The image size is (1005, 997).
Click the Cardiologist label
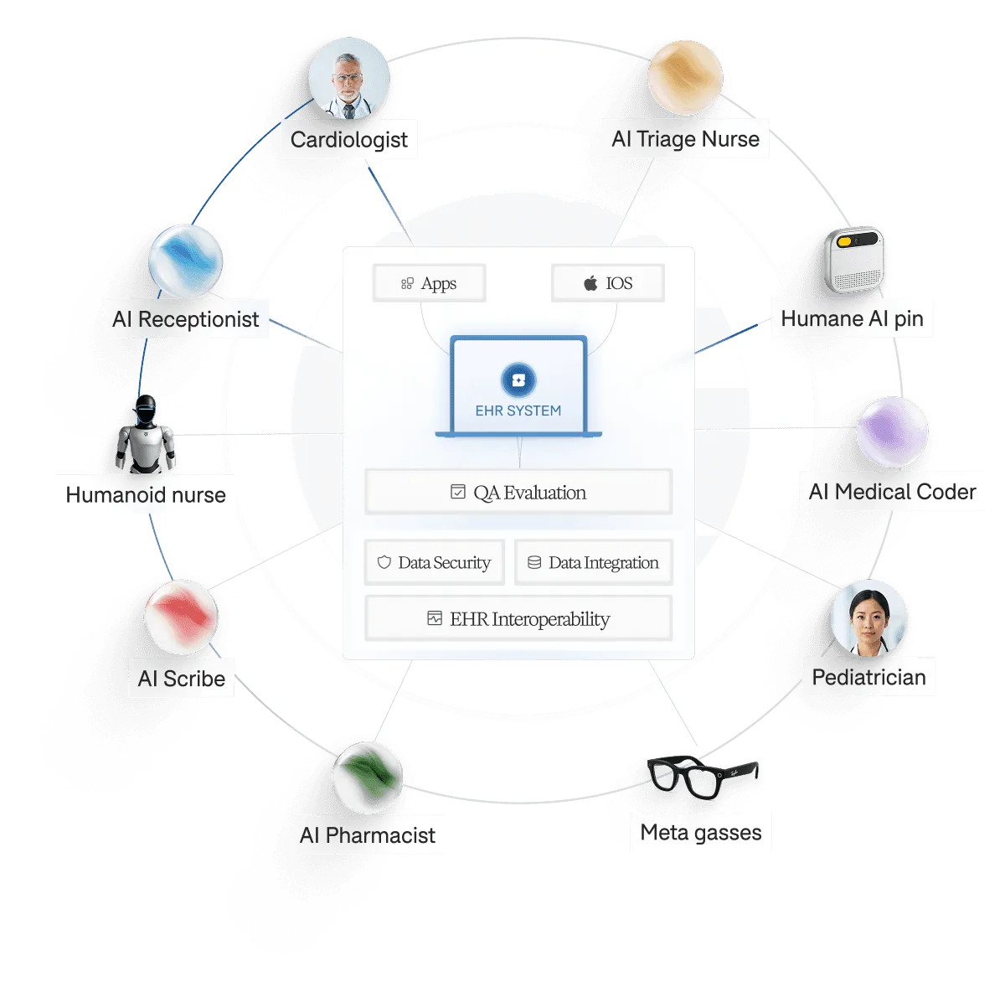348,140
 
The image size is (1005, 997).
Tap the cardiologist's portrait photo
348,80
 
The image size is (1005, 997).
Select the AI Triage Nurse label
685,139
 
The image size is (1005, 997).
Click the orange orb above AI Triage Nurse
685,77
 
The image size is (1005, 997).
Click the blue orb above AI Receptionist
185,259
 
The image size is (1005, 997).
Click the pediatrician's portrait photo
869,618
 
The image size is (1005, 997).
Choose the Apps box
429,284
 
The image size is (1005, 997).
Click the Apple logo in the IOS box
590,283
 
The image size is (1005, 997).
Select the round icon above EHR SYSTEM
518,380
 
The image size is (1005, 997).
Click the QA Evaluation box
518,493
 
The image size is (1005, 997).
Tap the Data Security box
435,563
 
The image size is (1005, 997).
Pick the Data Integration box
593,563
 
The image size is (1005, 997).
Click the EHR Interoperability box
518,619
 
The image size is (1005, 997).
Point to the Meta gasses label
701,832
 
